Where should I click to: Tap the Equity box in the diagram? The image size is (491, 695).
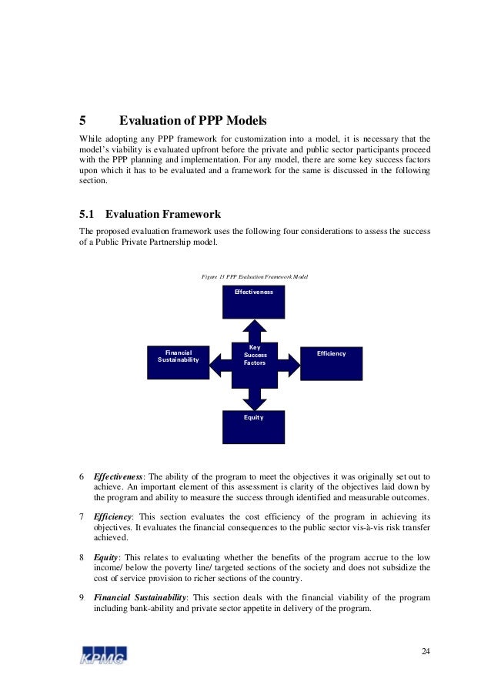click(x=253, y=426)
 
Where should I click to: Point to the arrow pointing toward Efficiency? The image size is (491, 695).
click(x=289, y=360)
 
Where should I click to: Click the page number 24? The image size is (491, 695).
click(x=426, y=653)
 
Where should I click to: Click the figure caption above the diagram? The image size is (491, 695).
click(x=254, y=276)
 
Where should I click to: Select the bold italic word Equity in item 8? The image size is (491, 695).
click(x=107, y=556)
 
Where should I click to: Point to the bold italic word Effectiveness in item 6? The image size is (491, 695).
click(x=121, y=476)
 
